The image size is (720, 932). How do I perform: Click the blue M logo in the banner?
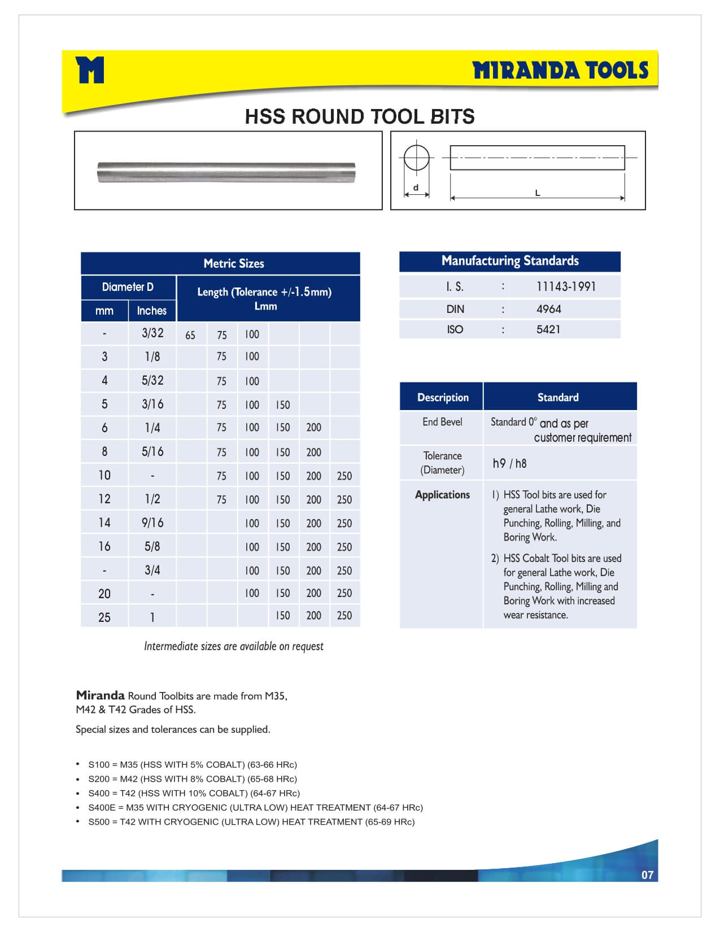click(x=90, y=69)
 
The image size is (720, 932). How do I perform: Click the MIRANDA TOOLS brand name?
click(x=560, y=71)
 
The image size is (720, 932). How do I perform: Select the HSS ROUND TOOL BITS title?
click(x=360, y=116)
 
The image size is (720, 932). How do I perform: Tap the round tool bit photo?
click(x=226, y=172)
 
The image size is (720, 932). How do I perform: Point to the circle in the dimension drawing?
click(x=416, y=157)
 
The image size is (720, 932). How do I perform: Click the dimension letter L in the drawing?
click(x=537, y=193)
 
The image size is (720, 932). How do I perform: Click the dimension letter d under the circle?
click(x=416, y=188)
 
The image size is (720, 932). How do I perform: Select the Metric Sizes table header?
click(x=233, y=263)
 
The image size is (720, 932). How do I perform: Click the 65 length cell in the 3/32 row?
click(x=190, y=335)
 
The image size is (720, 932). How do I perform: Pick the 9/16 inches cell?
click(x=152, y=522)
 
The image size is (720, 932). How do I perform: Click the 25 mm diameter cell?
click(x=104, y=617)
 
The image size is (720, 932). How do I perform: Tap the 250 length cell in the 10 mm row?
click(x=344, y=476)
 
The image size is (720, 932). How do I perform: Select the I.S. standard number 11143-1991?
click(x=566, y=286)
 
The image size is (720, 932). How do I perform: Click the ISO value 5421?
click(x=548, y=329)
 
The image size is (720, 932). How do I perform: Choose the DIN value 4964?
click(x=548, y=309)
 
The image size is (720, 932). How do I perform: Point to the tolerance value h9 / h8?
click(x=509, y=463)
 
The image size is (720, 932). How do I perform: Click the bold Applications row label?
click(x=442, y=495)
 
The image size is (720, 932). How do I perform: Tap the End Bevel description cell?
click(x=442, y=422)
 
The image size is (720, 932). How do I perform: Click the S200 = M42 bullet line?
click(x=192, y=779)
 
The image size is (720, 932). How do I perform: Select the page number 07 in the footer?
click(x=647, y=875)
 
